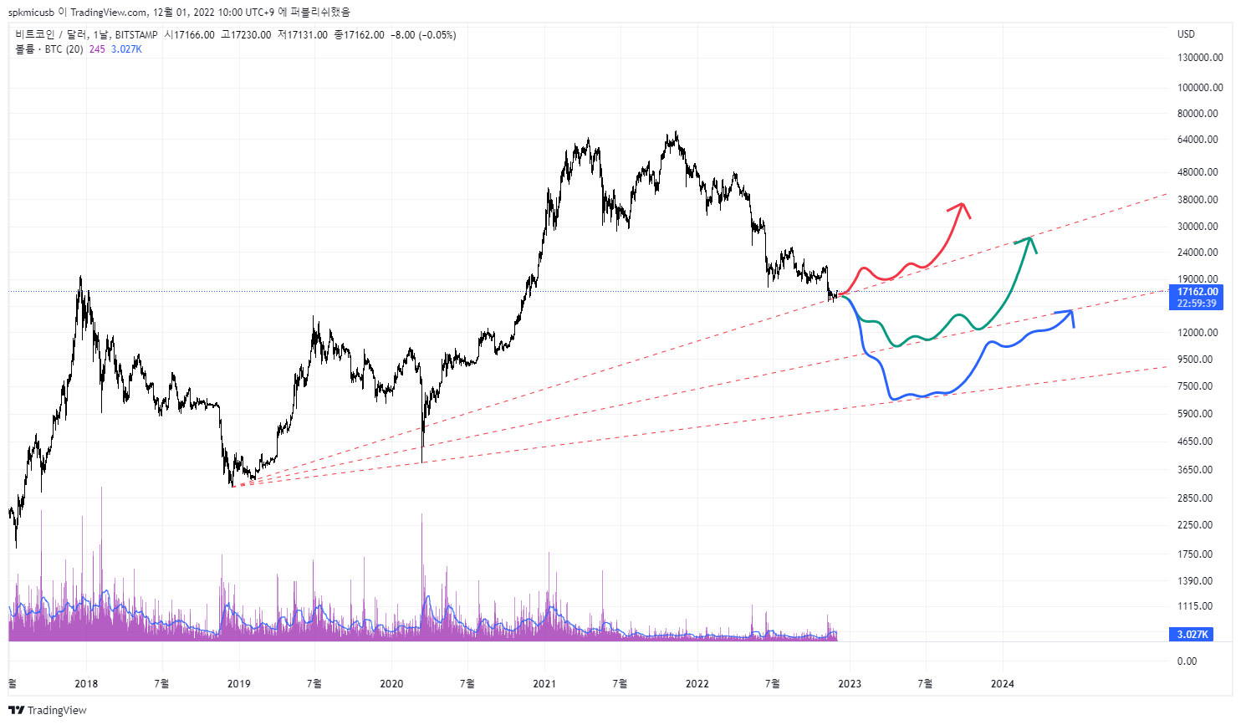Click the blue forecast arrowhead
[x=1070, y=313]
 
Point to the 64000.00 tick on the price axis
[x=1198, y=140]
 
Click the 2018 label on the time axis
[x=86, y=684]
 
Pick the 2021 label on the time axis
[x=544, y=684]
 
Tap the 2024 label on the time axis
[x=1003, y=684]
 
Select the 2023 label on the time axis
[x=850, y=684]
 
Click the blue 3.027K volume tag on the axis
[x=1192, y=635]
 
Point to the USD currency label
[x=1186, y=34]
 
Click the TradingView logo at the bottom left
[x=48, y=711]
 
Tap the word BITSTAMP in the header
[x=136, y=35]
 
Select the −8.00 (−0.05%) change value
[x=423, y=35]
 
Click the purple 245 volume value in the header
[x=97, y=49]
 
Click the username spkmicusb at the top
[x=31, y=12]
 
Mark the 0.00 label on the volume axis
[x=1187, y=661]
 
